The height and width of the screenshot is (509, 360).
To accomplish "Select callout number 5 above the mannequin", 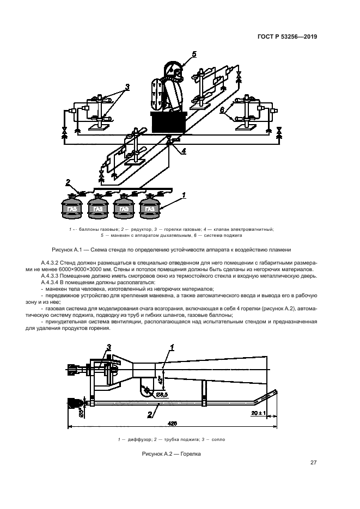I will (194, 54).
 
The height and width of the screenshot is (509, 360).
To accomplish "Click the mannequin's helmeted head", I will (175, 71).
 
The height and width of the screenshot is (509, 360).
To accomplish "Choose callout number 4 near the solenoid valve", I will (184, 151).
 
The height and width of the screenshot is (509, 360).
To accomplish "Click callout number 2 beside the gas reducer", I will (68, 182).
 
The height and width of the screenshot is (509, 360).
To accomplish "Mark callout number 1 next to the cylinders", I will (184, 194).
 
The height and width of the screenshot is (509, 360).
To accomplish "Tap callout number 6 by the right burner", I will (222, 110).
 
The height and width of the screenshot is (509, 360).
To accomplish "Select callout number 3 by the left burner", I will (126, 87).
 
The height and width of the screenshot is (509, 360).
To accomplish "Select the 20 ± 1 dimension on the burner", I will (258, 413).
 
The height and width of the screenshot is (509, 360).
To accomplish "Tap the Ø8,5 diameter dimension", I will (162, 394).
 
